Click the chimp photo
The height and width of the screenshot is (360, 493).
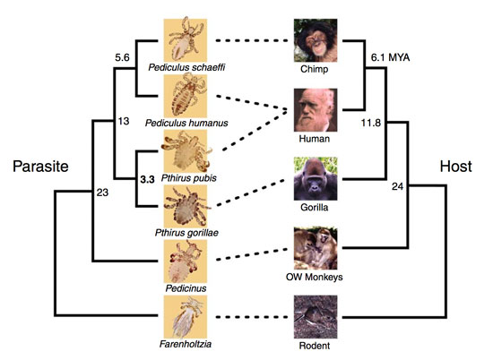point(316,40)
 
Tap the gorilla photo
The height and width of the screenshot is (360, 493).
point(316,179)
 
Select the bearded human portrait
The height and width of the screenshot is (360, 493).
point(316,110)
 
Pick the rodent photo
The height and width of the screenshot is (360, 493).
point(316,317)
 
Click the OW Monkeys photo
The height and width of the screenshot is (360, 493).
point(316,248)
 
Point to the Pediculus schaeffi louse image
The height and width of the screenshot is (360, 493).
point(186,40)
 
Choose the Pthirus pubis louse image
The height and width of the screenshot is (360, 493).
point(186,151)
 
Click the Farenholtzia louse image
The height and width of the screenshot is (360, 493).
point(186,317)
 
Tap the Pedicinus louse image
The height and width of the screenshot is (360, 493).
point(186,261)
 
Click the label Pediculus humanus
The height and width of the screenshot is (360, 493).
point(186,123)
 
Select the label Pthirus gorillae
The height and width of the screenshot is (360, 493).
point(186,233)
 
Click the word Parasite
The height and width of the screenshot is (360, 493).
point(40,167)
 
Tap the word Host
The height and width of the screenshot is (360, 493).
point(455,167)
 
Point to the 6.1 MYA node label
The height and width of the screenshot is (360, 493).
point(390,57)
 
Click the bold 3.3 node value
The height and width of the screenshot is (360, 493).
point(147,179)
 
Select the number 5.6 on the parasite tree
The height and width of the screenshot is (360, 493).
point(122,57)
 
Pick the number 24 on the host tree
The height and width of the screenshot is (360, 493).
point(397,186)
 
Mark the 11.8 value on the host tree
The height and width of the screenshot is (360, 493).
point(371,123)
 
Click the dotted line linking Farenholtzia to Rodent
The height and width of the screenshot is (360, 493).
point(252,317)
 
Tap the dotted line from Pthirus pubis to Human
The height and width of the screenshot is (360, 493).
point(255,131)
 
